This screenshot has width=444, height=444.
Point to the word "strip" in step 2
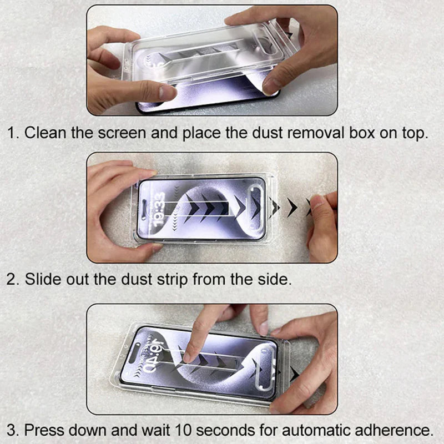[169, 280]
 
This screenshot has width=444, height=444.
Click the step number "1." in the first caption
[13, 134]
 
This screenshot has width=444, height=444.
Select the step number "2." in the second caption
[13, 280]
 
